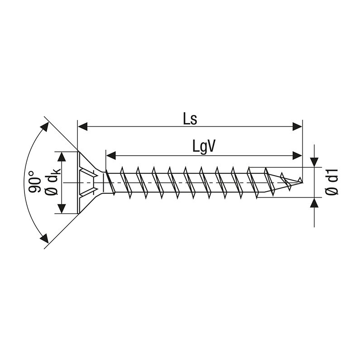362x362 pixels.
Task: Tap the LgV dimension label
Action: coord(203,147)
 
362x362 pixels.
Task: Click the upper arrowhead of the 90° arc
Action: coord(45,127)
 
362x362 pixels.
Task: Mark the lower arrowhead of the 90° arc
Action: coord(44,238)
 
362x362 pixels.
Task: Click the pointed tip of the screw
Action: coord(301,182)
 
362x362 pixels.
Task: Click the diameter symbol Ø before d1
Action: coord(332,191)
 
